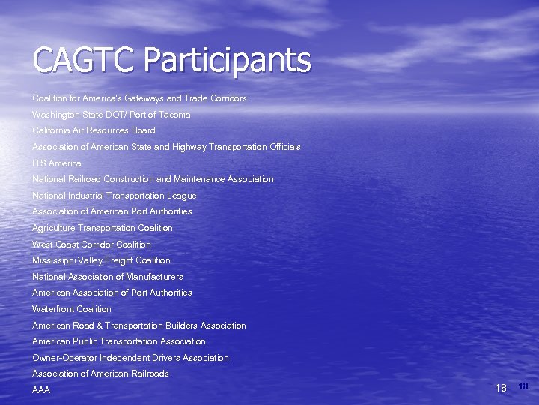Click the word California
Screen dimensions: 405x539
[x=52, y=130]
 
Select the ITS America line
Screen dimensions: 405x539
[x=57, y=163]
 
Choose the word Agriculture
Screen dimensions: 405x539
[x=54, y=228]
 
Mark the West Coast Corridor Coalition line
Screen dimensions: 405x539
[x=91, y=244]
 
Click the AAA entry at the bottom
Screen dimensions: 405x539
[x=41, y=390]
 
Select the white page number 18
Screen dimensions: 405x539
[x=501, y=388]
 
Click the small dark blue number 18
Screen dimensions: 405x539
[x=523, y=386]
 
